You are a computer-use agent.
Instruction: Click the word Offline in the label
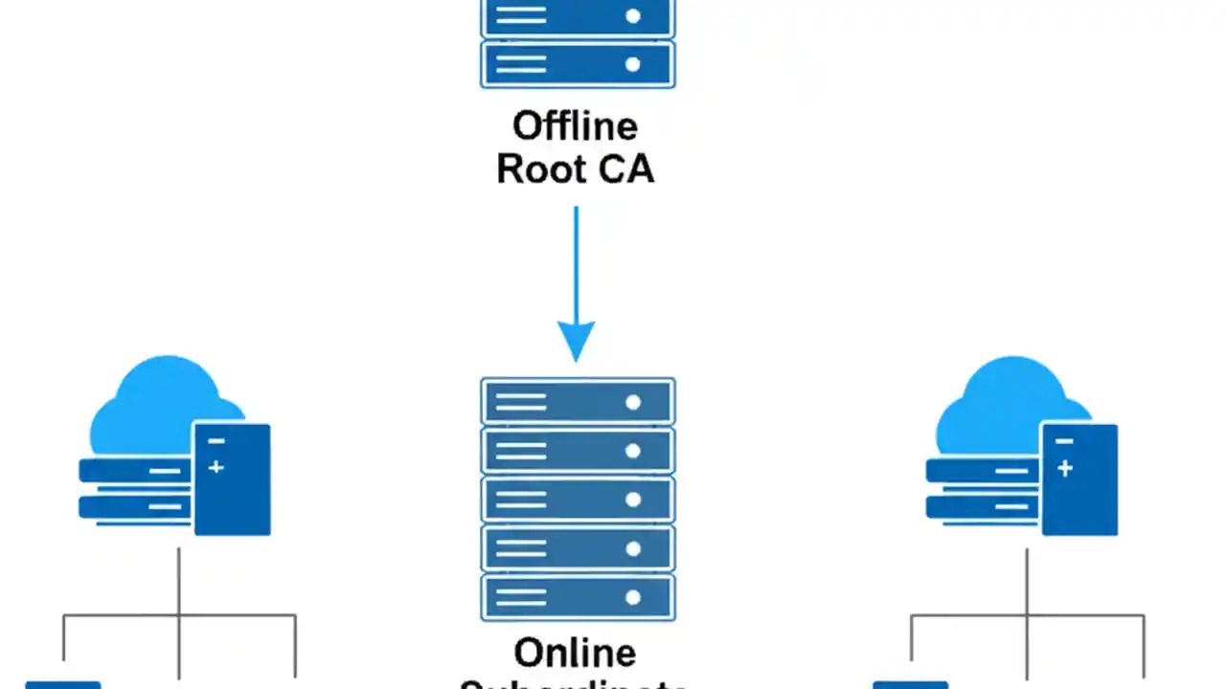[575, 126]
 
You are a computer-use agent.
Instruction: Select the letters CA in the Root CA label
[624, 169]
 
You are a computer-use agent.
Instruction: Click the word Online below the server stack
[575, 654]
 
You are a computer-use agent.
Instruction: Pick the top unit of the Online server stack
[578, 402]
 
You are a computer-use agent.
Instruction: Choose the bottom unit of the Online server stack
[578, 597]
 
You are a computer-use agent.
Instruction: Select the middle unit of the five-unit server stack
[578, 500]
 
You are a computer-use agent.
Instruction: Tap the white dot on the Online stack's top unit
[632, 403]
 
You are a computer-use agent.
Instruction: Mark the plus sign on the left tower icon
[216, 467]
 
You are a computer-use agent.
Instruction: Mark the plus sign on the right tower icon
[1064, 469]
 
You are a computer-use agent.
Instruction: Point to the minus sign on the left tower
[216, 441]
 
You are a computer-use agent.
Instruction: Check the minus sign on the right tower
[1064, 442]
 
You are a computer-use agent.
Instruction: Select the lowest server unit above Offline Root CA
[578, 64]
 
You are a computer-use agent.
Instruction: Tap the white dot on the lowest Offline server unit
[632, 65]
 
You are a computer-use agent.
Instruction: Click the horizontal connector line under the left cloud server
[179, 615]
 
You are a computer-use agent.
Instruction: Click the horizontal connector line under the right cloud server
[1027, 615]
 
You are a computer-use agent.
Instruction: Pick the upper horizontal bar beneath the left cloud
[134, 471]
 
